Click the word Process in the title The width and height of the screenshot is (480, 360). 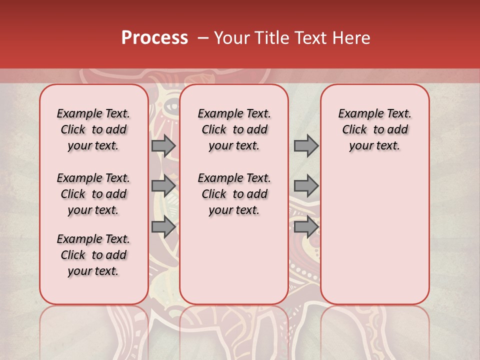pyautogui.click(x=154, y=38)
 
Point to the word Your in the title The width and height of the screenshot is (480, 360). pyautogui.click(x=232, y=38)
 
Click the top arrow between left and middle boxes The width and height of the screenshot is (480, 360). pyautogui.click(x=163, y=145)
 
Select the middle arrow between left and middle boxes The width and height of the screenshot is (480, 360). pyautogui.click(x=163, y=186)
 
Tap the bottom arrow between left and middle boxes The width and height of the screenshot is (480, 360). pyautogui.click(x=163, y=227)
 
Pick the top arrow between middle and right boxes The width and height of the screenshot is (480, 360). pyautogui.click(x=306, y=145)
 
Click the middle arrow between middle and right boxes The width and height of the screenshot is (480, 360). pyautogui.click(x=306, y=186)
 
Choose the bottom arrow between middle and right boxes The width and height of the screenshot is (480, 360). pyautogui.click(x=306, y=227)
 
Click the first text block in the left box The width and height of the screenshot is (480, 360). pyautogui.click(x=93, y=129)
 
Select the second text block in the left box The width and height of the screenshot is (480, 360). pyautogui.click(x=93, y=194)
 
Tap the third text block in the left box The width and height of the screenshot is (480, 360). pyautogui.click(x=93, y=255)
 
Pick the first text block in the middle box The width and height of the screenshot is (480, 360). pyautogui.click(x=234, y=129)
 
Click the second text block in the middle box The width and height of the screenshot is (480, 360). pyautogui.click(x=234, y=194)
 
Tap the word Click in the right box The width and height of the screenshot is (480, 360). pyautogui.click(x=354, y=130)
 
